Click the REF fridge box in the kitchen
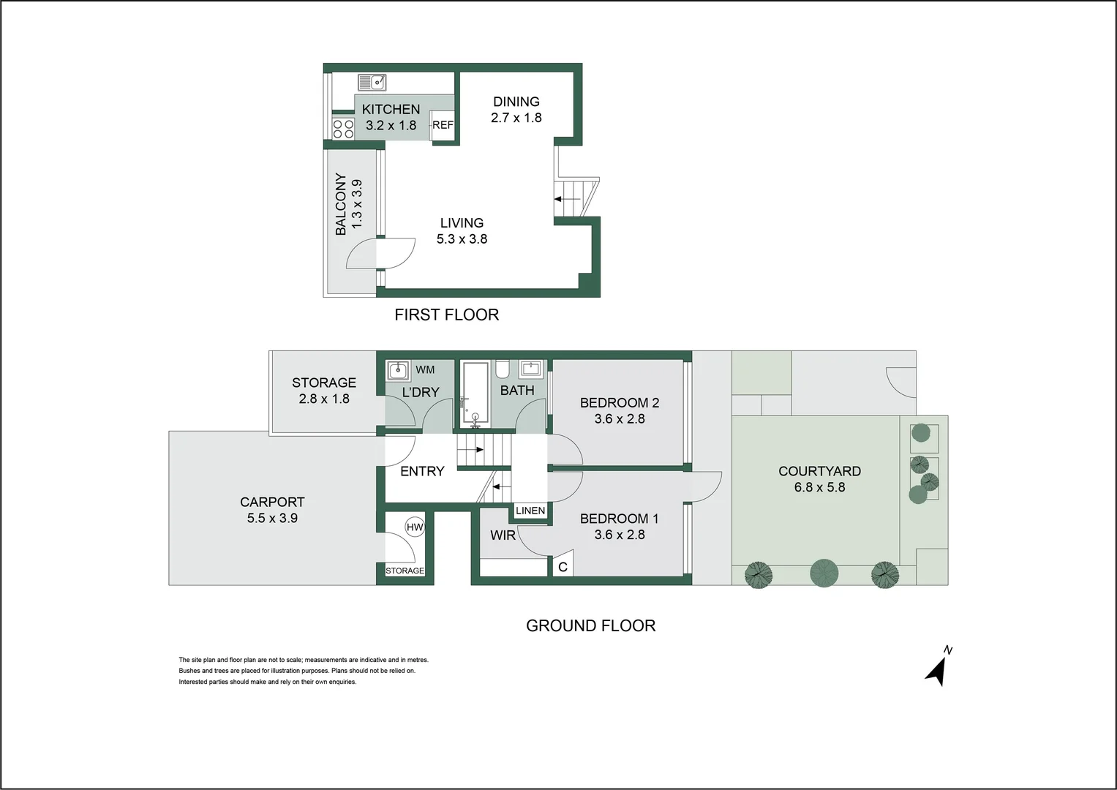(443, 125)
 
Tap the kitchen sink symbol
(372, 82)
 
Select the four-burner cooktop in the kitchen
(343, 129)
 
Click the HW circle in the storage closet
(415, 527)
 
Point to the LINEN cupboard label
(530, 511)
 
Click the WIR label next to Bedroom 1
(503, 535)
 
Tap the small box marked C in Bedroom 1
(563, 567)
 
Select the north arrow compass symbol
(937, 667)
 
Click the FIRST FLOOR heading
(446, 315)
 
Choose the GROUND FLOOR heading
(590, 625)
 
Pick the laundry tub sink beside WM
(397, 371)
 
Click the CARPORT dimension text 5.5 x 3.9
(272, 518)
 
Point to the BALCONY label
(341, 204)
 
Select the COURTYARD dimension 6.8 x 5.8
(819, 487)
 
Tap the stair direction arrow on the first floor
(567, 198)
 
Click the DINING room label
(516, 102)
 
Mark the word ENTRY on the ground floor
(422, 471)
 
